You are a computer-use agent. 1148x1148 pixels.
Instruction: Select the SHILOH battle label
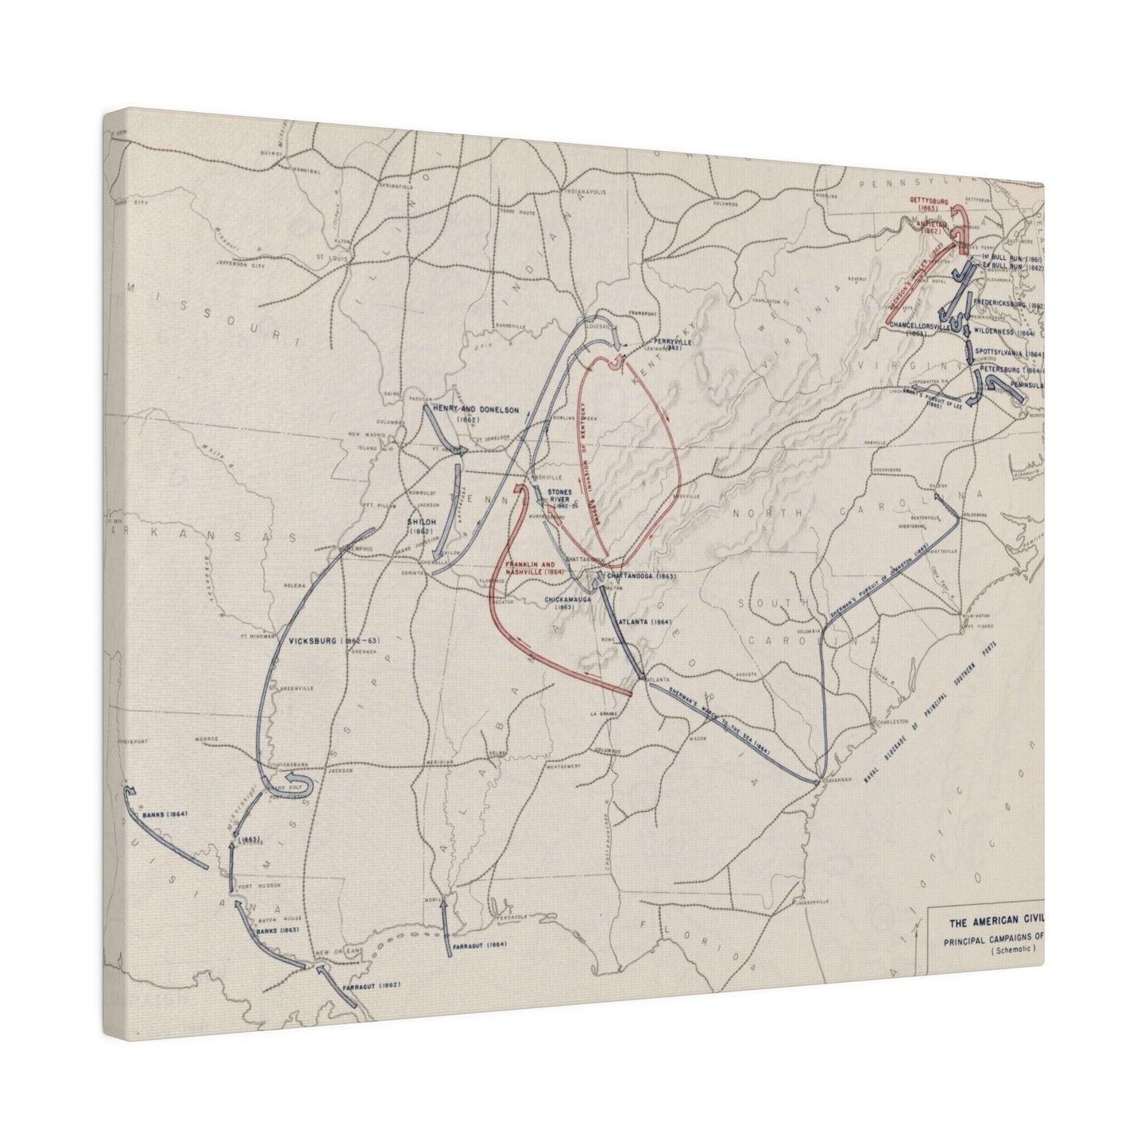(419, 524)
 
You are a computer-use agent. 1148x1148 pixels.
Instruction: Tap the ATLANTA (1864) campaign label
(644, 621)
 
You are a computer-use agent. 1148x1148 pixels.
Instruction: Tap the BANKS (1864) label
(164, 815)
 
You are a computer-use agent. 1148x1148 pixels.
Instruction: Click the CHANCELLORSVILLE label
(921, 327)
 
